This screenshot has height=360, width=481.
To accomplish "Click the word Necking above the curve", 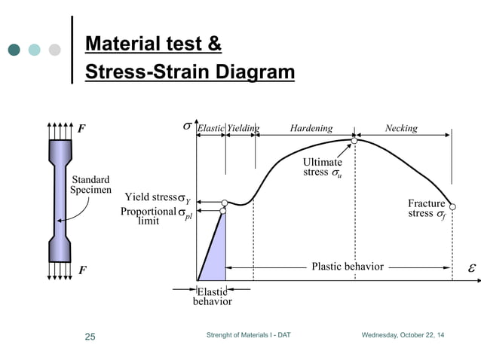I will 400,128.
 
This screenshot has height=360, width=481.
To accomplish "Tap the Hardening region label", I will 310,128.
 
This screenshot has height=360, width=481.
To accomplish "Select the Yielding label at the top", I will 243,128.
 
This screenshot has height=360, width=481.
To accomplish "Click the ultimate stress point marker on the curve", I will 354,140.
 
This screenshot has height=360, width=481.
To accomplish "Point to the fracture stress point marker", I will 452,206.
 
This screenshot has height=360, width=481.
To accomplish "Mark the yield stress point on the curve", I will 225,203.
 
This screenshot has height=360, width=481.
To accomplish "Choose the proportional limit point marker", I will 223,211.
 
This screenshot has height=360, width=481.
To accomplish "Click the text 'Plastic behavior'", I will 348,267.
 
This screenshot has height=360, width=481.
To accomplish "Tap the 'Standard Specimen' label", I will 90,185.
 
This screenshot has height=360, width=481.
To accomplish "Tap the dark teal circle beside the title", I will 14,50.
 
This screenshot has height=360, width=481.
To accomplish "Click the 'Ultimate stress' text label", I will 322,167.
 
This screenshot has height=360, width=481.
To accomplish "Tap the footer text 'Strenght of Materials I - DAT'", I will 247,334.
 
